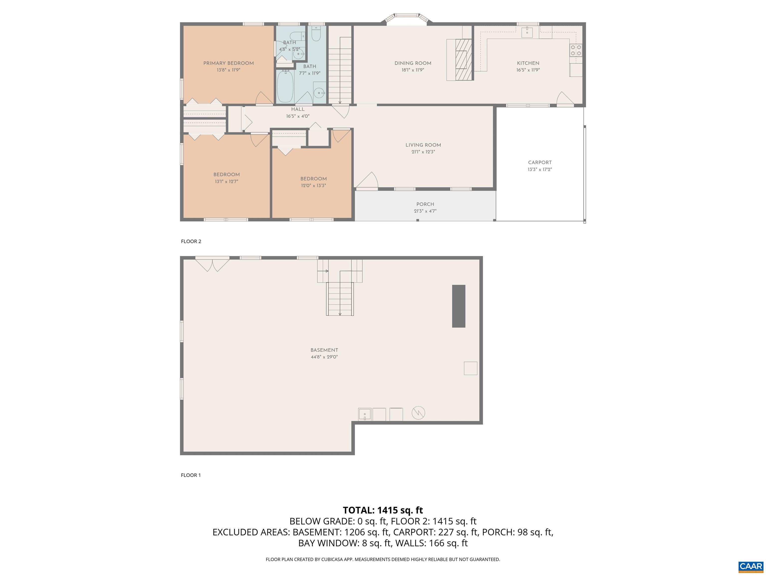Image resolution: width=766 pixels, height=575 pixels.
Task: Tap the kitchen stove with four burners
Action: click(x=575, y=50)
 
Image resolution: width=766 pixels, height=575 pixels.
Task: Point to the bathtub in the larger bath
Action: click(x=285, y=87)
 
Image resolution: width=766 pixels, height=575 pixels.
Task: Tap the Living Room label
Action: click(x=423, y=145)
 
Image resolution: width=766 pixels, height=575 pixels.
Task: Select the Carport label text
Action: click(x=540, y=162)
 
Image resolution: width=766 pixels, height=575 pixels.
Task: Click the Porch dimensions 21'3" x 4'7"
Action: click(x=425, y=211)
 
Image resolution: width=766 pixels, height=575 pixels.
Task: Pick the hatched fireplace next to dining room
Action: click(x=463, y=60)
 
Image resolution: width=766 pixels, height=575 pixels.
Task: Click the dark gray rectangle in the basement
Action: click(x=459, y=306)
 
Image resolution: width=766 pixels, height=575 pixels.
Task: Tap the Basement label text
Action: click(x=324, y=350)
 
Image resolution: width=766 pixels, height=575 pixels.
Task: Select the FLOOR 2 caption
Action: click(x=191, y=241)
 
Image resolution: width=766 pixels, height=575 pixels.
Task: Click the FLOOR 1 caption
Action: click(x=191, y=475)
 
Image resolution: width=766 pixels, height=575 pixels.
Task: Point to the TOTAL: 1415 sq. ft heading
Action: click(x=383, y=510)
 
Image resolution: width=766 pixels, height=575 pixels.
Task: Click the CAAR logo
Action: click(x=751, y=566)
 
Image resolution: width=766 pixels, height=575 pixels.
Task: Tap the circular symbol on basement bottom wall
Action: click(x=418, y=413)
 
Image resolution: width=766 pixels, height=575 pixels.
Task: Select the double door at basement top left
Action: click(x=212, y=264)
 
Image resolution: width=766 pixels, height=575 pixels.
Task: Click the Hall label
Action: click(x=297, y=109)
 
